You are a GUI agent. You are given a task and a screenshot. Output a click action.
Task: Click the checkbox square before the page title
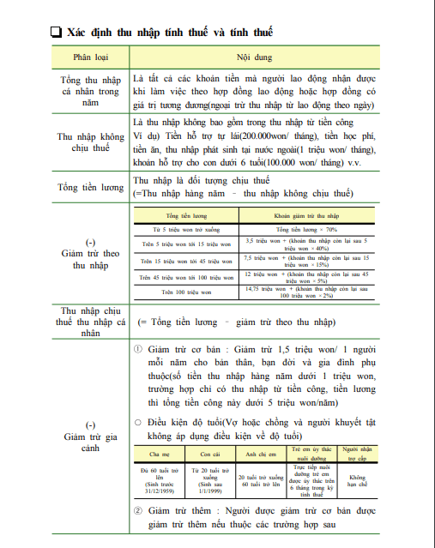56,33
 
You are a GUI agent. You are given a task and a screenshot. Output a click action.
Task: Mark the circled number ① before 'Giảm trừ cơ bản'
139,352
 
